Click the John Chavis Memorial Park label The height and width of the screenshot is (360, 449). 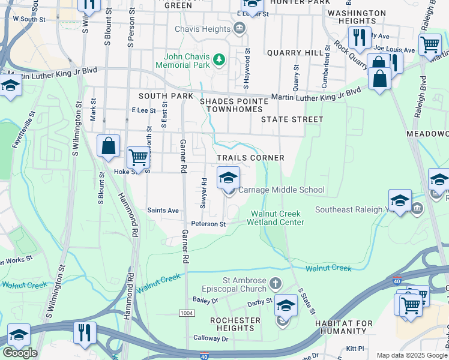[x=184, y=59]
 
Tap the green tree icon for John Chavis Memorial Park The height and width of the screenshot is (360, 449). [x=220, y=59]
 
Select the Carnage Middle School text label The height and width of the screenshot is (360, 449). [x=282, y=190]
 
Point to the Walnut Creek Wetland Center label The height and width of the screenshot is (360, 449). [x=277, y=218]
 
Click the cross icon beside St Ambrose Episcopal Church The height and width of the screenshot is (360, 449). [x=276, y=283]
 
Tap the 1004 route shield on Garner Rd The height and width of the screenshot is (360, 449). [x=187, y=314]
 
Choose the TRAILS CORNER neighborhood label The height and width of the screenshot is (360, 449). [x=250, y=158]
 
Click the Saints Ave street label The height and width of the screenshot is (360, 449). [x=163, y=211]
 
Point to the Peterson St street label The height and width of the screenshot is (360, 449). [x=208, y=224]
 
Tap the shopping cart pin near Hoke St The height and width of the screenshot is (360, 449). [x=139, y=157]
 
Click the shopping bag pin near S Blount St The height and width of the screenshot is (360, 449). [x=108, y=146]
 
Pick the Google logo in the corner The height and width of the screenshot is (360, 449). [x=20, y=353]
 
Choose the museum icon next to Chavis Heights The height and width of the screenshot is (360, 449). [x=240, y=28]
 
